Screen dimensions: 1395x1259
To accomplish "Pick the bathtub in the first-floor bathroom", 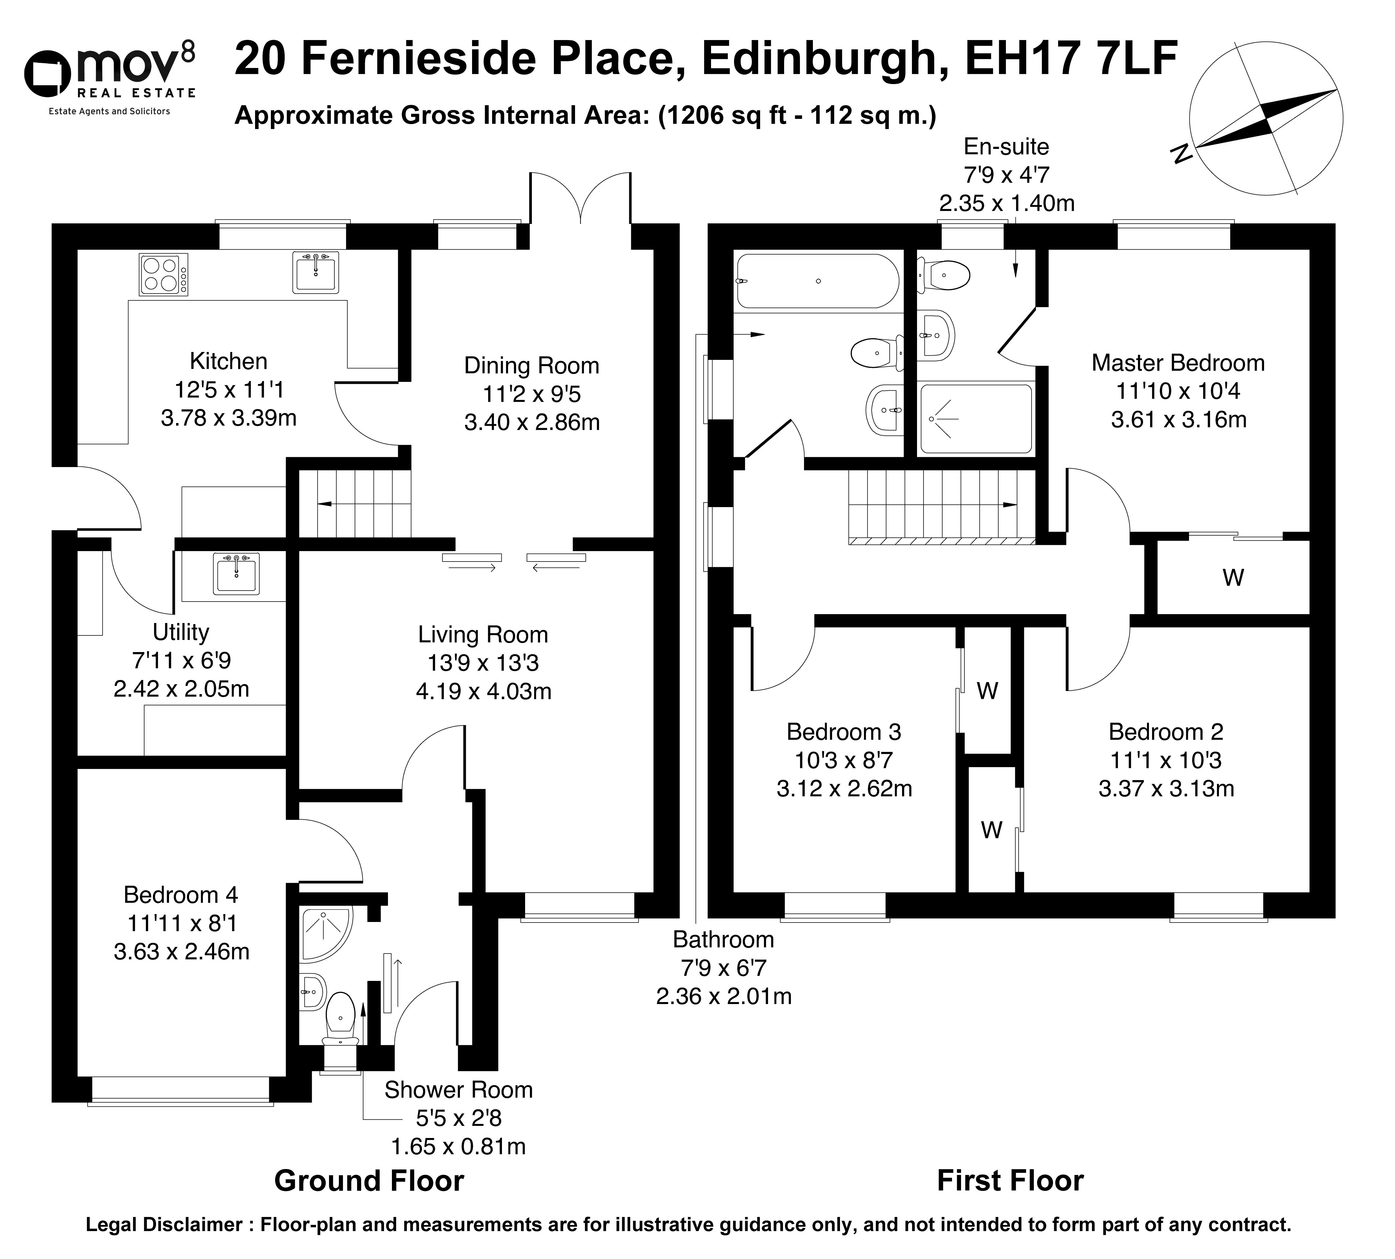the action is click(818, 281).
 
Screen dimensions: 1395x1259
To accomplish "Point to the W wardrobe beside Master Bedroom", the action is click(1233, 578).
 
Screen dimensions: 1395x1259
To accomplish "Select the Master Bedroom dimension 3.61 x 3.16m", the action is click(1178, 419).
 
